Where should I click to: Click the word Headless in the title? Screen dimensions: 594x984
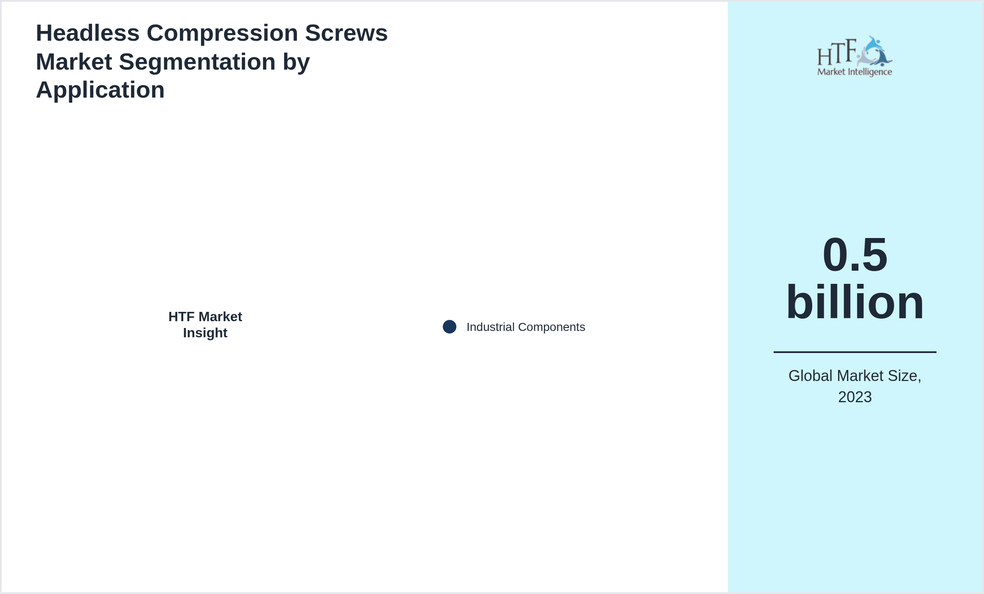click(87, 33)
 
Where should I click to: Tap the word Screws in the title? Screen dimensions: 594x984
click(346, 33)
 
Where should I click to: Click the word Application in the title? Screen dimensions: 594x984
click(100, 90)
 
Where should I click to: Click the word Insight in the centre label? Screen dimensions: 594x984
click(205, 333)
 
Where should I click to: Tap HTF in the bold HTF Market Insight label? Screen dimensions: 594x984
click(181, 317)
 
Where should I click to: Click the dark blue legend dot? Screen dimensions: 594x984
click(450, 327)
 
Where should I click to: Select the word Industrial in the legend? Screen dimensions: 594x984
click(490, 327)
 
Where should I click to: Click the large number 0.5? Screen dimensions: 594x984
click(855, 255)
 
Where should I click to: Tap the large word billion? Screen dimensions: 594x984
click(855, 302)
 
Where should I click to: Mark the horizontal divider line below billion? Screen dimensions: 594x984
click(855, 352)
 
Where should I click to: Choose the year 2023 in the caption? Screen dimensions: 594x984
click(855, 397)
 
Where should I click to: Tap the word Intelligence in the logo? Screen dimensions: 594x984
click(869, 72)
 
